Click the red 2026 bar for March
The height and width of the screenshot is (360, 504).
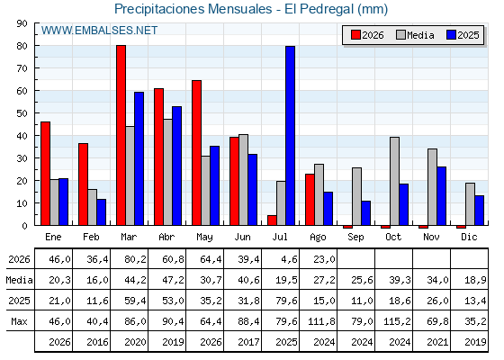pyautogui.click(x=121, y=135)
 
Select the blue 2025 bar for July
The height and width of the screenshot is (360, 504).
pyautogui.click(x=290, y=136)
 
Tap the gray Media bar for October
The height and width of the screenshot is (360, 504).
pyautogui.click(x=395, y=181)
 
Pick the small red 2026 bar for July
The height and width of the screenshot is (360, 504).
pyautogui.click(x=272, y=220)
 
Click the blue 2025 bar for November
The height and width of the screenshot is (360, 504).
pyautogui.click(x=441, y=196)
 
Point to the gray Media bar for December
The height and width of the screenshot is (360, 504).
pyautogui.click(x=470, y=204)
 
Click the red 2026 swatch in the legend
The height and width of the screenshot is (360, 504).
pyautogui.click(x=355, y=35)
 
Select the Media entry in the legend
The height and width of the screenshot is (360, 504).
pyautogui.click(x=415, y=35)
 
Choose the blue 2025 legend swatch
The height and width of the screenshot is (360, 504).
pyautogui.click(x=451, y=35)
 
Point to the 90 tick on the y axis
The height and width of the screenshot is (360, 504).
pyautogui.click(x=22, y=23)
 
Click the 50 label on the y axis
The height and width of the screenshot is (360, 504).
pyautogui.click(x=22, y=113)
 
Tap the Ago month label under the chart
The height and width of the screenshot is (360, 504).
pyautogui.click(x=318, y=238)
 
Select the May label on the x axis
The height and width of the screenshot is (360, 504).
pyautogui.click(x=205, y=238)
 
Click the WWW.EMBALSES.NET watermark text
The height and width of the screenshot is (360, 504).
pyautogui.click(x=99, y=31)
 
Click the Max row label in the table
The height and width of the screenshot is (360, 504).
pyautogui.click(x=19, y=321)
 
